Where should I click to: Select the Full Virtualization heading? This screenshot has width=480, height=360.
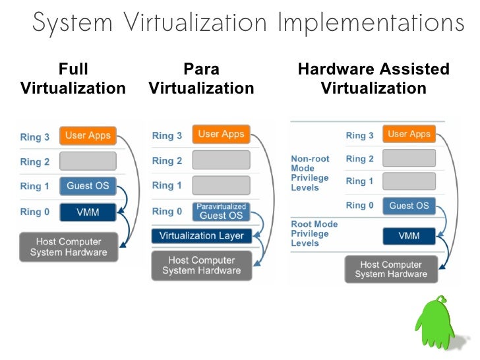(73, 78)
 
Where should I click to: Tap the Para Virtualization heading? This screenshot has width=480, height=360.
(201, 78)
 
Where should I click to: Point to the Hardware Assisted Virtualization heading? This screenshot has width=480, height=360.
(374, 78)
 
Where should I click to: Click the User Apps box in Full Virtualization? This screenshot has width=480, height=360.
(88, 136)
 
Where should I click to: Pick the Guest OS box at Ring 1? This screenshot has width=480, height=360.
(88, 186)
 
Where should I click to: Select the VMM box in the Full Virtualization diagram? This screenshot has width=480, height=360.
(88, 212)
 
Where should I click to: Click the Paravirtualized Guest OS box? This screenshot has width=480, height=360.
(221, 212)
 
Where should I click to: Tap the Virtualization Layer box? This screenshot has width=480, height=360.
(201, 235)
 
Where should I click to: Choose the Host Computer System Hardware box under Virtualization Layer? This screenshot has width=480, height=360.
(201, 265)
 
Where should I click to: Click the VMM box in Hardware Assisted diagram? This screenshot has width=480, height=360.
(409, 235)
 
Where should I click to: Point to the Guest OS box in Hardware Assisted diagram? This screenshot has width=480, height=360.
(409, 206)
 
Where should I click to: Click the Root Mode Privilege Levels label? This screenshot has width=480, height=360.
(314, 234)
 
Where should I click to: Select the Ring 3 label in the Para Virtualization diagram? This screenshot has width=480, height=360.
(167, 136)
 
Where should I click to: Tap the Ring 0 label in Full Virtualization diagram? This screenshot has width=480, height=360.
(35, 212)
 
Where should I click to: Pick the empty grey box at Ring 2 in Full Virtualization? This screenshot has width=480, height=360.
(88, 161)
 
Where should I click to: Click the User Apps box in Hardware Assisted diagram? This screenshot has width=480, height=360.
(409, 134)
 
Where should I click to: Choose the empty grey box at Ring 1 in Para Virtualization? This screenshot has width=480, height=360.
(221, 185)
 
